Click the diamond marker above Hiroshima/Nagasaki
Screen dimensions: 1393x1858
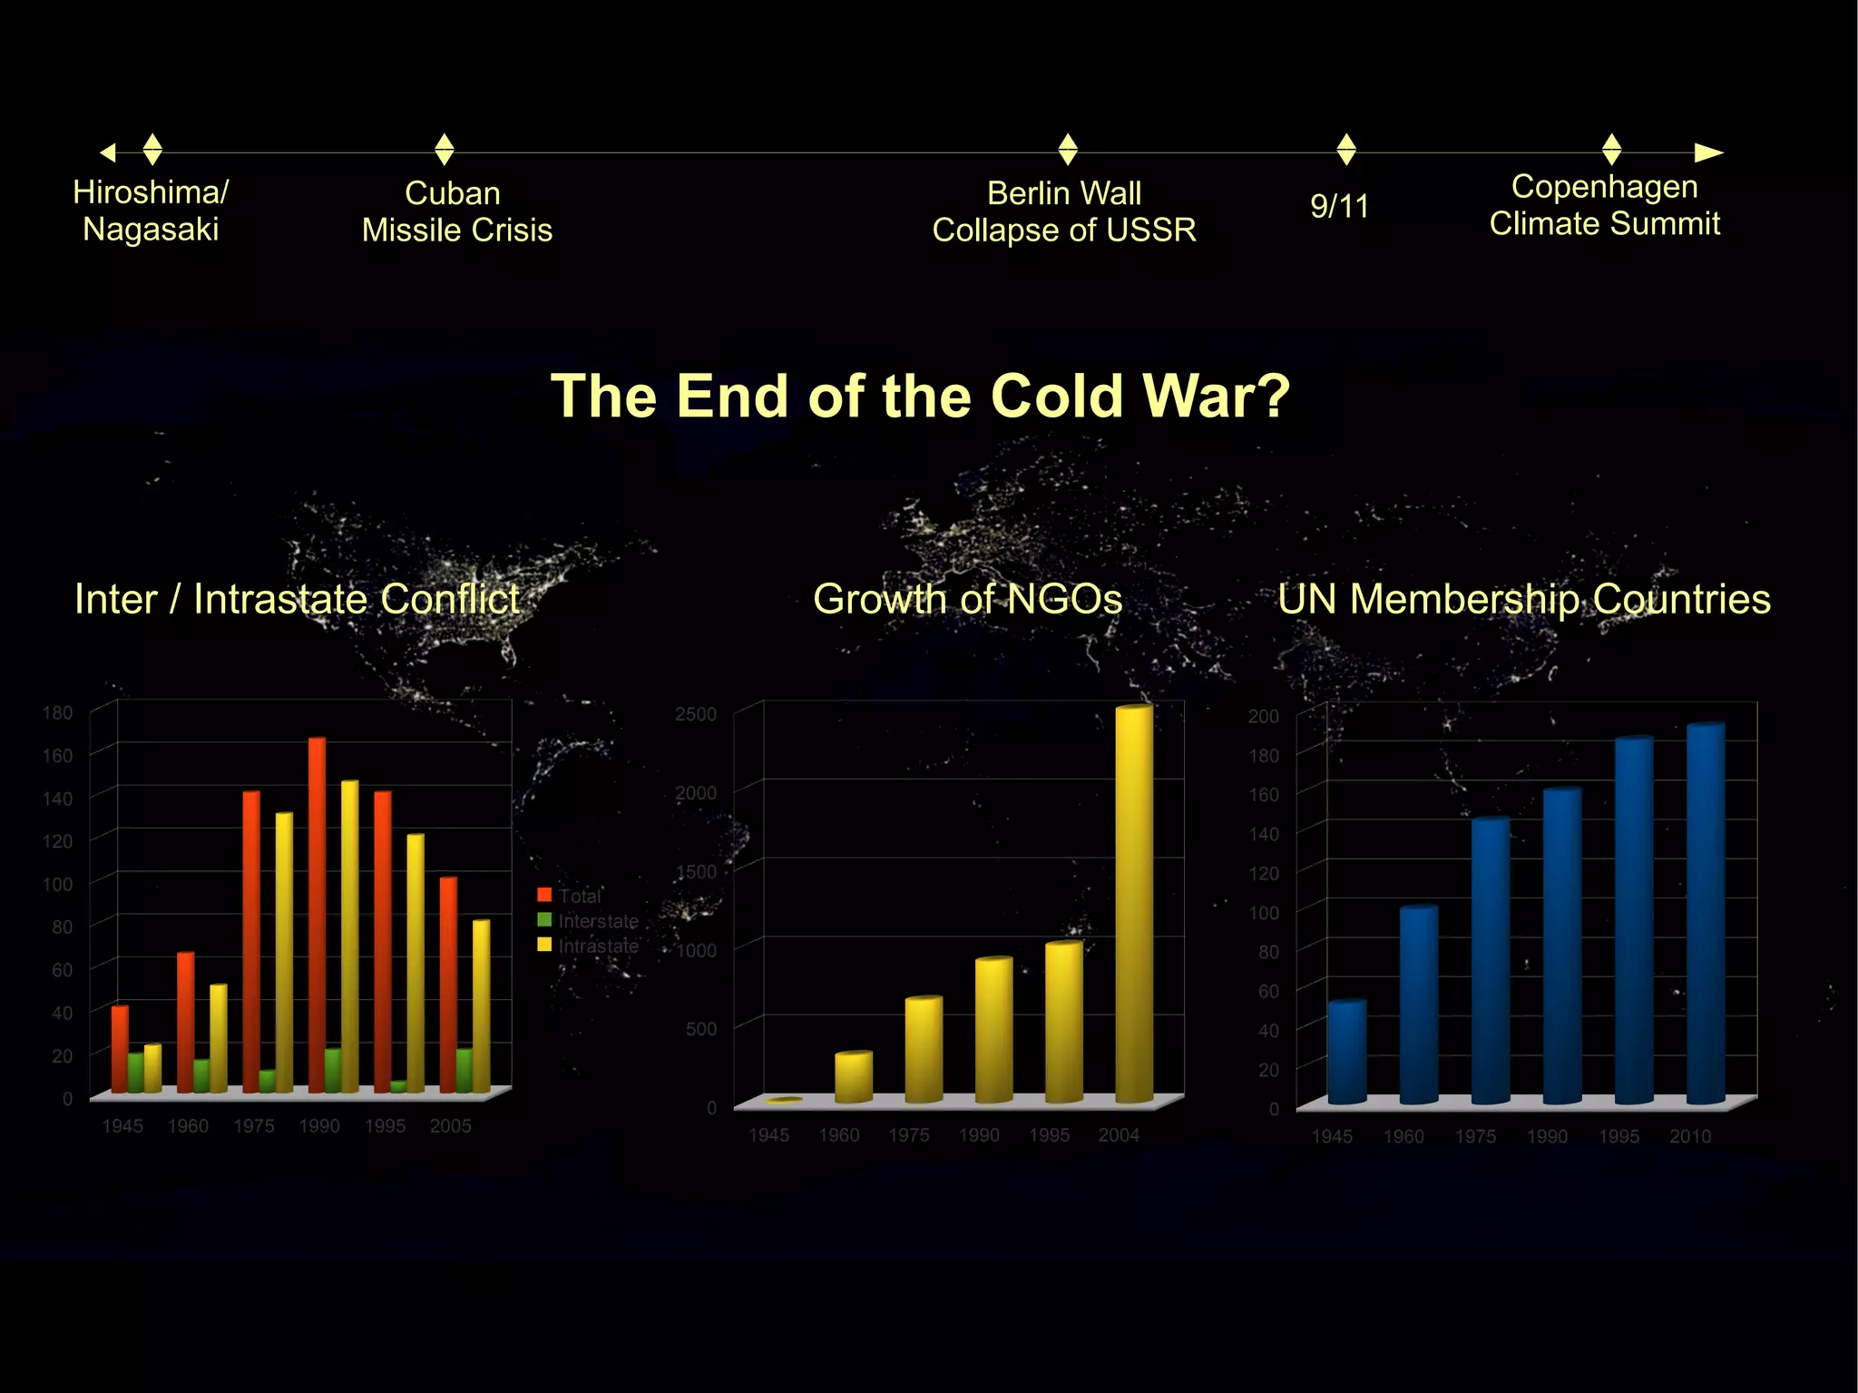pyautogui.click(x=152, y=149)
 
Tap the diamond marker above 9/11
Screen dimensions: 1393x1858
pyautogui.click(x=1346, y=149)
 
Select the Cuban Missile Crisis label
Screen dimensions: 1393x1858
pyautogui.click(x=456, y=211)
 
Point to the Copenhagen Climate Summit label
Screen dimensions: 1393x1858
pyautogui.click(x=1604, y=205)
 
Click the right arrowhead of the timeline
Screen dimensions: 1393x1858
pyautogui.click(x=1708, y=152)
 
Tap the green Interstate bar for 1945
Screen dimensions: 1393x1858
pyautogui.click(x=136, y=1073)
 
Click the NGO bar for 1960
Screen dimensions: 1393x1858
pyautogui.click(x=854, y=1077)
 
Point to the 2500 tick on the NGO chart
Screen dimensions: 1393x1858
pyautogui.click(x=695, y=714)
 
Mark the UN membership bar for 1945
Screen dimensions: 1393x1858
pyautogui.click(x=1346, y=1052)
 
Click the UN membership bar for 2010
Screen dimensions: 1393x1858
pyautogui.click(x=1706, y=913)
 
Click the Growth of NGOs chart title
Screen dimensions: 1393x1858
pyautogui.click(x=967, y=599)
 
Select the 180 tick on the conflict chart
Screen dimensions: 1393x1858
pyautogui.click(x=57, y=712)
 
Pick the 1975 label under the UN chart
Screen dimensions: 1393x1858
pyautogui.click(x=1475, y=1136)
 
